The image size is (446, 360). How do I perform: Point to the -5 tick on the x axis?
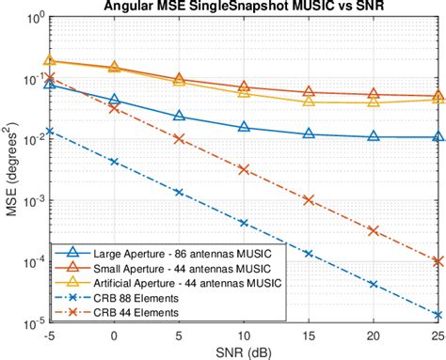(49, 335)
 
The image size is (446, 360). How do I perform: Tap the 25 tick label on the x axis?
(437, 335)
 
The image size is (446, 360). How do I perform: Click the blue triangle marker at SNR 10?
(244, 127)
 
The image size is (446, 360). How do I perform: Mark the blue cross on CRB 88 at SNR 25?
(438, 316)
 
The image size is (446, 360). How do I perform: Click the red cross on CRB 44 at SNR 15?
(309, 199)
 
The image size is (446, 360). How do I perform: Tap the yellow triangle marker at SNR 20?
(374, 102)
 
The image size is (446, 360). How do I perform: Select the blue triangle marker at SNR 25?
(438, 136)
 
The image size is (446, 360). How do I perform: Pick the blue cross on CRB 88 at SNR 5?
(179, 192)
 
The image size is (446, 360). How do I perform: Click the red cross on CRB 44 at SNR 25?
(438, 261)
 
